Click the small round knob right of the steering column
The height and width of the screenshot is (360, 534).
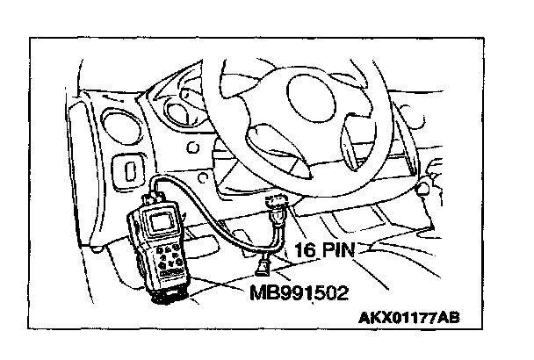[x=427, y=187]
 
